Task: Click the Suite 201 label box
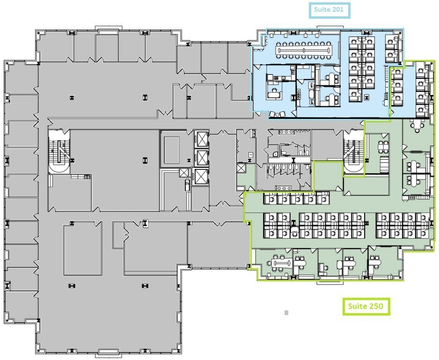coord(329,10)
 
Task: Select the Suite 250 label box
coord(366,307)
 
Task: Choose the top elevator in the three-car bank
coord(201,140)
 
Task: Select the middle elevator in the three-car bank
coord(201,158)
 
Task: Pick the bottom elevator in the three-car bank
coord(201,177)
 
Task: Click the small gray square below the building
coord(286,312)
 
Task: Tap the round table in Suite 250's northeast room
coord(416,125)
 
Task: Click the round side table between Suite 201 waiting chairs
coord(278,114)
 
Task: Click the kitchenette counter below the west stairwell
coord(80,176)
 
